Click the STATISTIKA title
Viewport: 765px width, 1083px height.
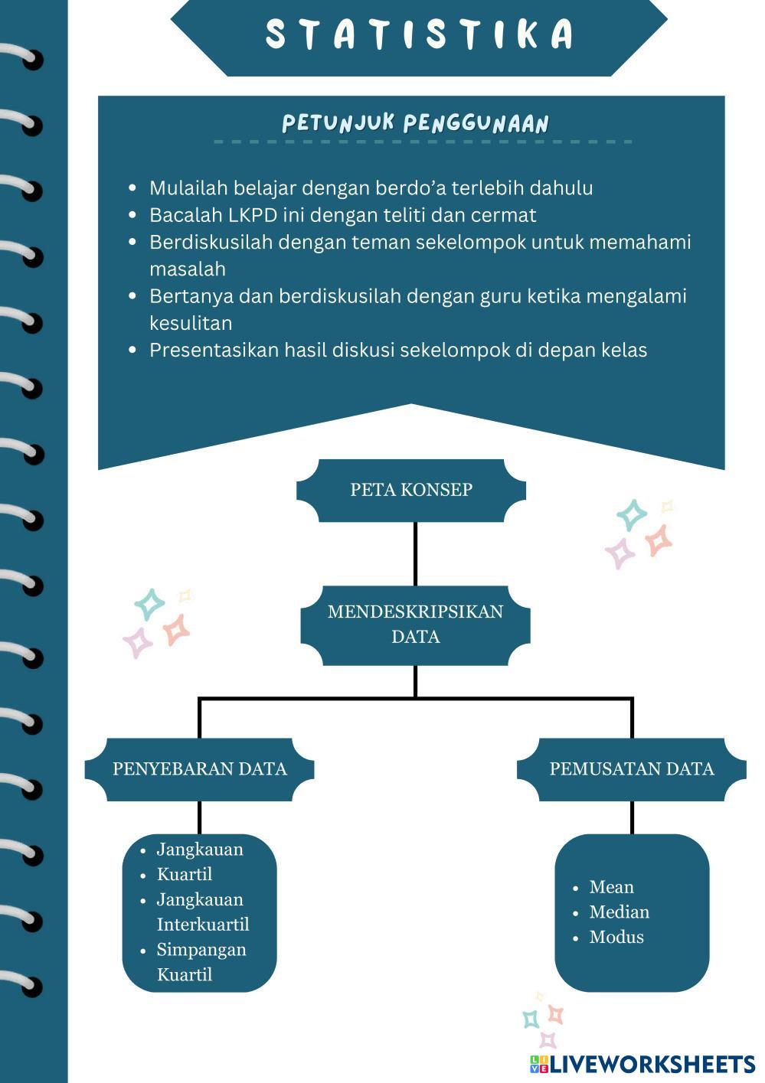420,35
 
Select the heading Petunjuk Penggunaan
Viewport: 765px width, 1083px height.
415,123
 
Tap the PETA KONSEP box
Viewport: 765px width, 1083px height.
411,490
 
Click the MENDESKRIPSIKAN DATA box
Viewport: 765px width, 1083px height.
415,624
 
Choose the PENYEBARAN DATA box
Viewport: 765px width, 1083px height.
199,769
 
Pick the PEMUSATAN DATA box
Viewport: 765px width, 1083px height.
631,769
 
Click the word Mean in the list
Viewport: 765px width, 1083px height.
611,887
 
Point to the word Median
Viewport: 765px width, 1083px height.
619,912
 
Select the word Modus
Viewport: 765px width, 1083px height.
616,938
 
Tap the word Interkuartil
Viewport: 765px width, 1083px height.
203,925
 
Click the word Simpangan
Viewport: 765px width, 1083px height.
201,950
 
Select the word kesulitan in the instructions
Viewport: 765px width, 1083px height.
191,323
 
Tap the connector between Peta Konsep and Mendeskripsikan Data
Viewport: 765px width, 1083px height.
415,553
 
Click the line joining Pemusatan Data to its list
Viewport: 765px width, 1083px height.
632,817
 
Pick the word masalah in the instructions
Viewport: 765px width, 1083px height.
188,269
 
